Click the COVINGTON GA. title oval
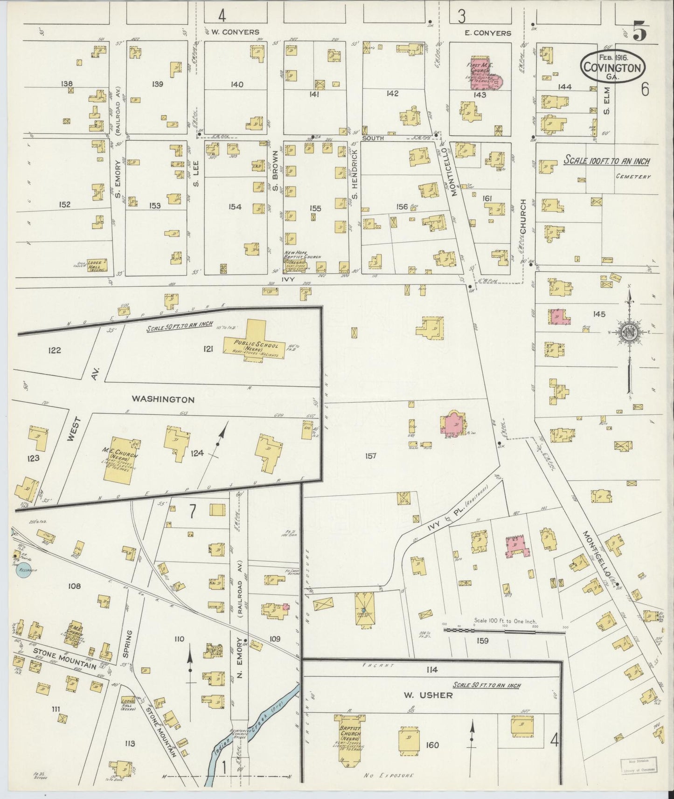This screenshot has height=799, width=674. pos(613,67)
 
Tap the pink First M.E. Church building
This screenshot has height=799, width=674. pos(483,74)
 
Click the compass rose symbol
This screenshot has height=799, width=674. pos(628,331)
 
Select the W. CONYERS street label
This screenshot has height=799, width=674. pos(235,32)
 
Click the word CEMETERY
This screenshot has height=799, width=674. pos(633,177)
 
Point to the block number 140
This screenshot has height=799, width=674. pos(236,84)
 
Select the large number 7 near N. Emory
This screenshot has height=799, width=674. pos(192,511)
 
